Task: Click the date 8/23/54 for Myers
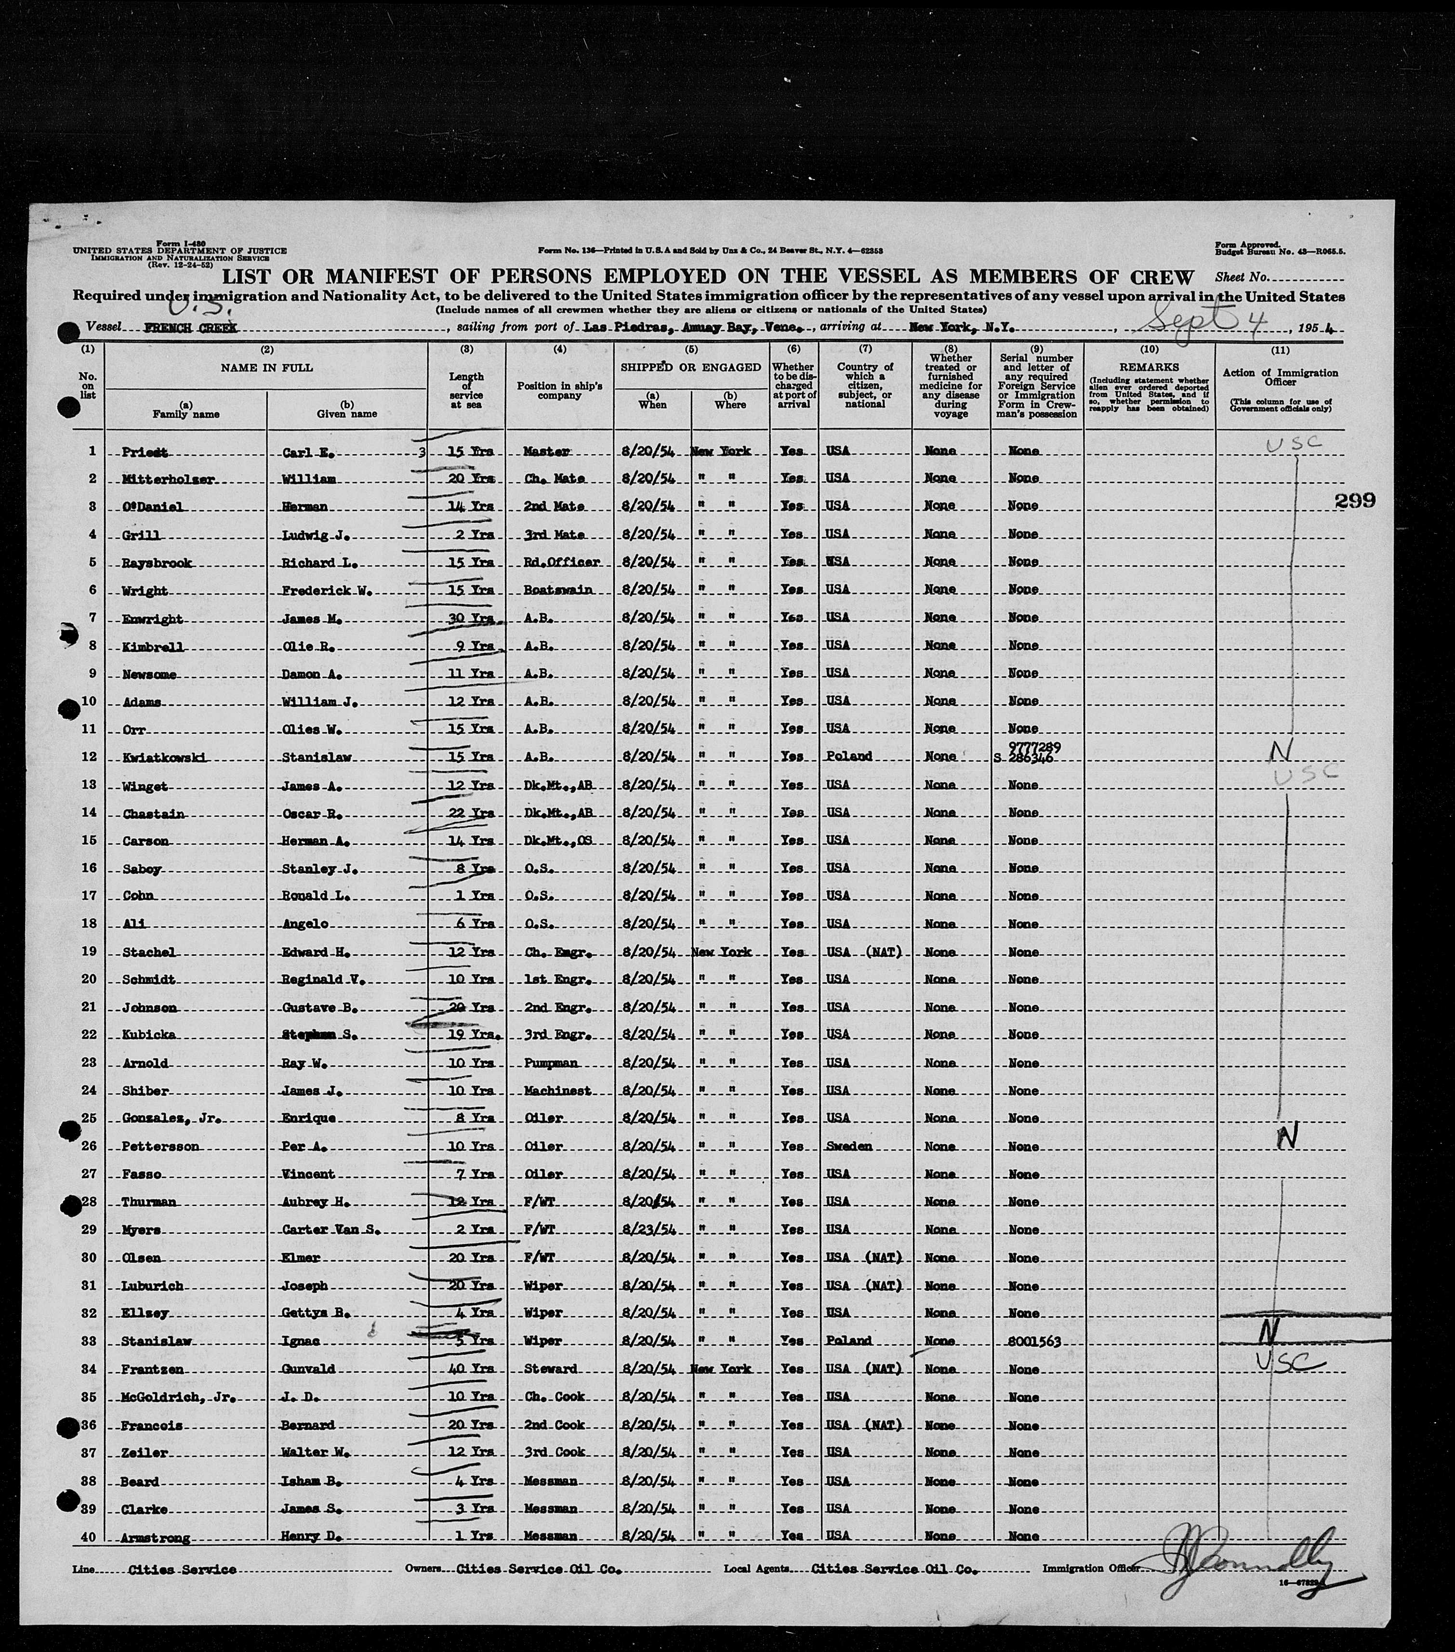click(x=651, y=1229)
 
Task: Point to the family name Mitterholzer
click(x=168, y=479)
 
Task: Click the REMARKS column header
click(x=1149, y=367)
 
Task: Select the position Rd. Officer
click(x=560, y=563)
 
